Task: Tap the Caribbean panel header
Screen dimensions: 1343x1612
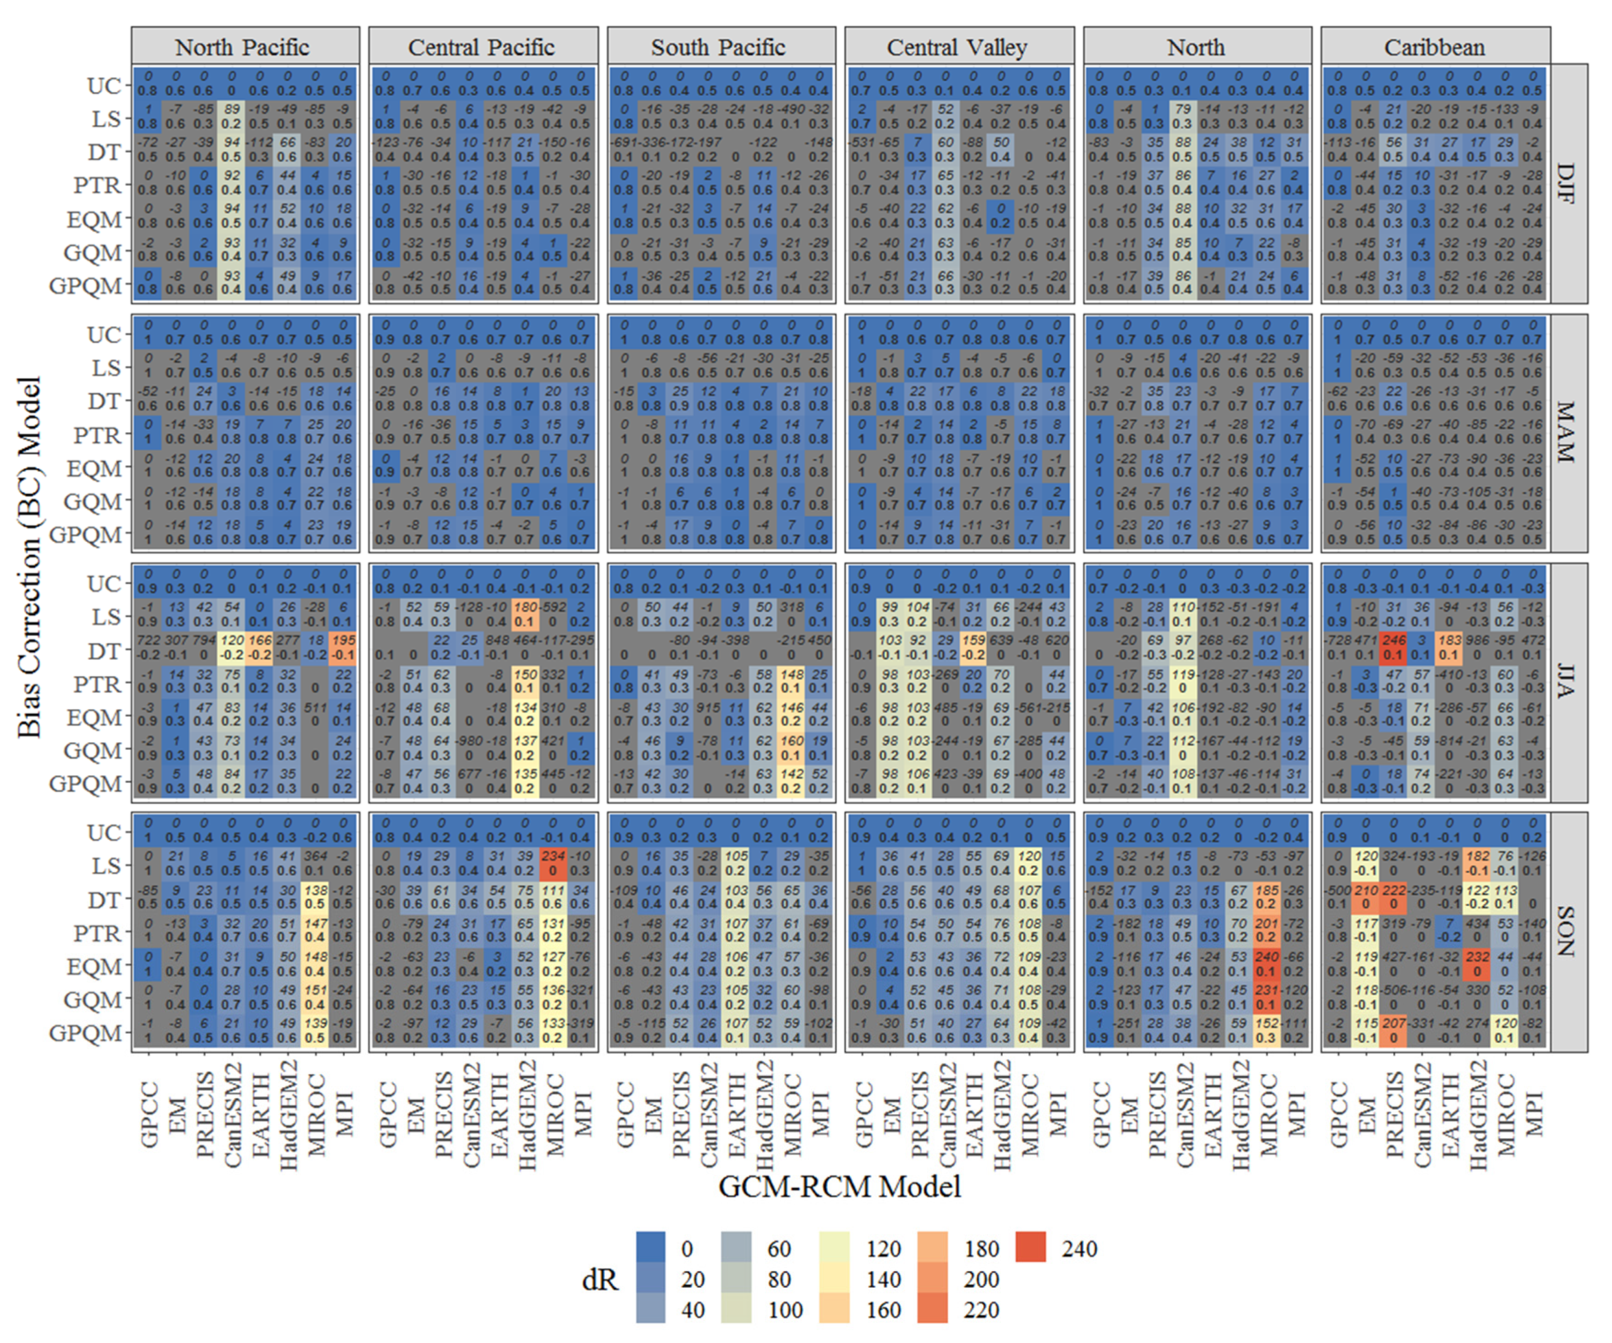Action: pyautogui.click(x=1435, y=47)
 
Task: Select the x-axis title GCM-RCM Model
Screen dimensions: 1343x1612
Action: pyautogui.click(x=840, y=1186)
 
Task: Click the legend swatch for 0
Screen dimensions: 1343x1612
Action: pyautogui.click(x=651, y=1248)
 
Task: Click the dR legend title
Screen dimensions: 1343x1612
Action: pyautogui.click(x=599, y=1279)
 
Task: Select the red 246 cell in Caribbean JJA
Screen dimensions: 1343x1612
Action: pyautogui.click(x=1393, y=647)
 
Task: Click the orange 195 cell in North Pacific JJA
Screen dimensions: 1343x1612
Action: pyautogui.click(x=343, y=647)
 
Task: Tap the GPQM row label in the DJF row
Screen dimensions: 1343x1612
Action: pyautogui.click(x=85, y=286)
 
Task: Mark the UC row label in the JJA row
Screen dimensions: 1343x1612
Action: pyautogui.click(x=104, y=584)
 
